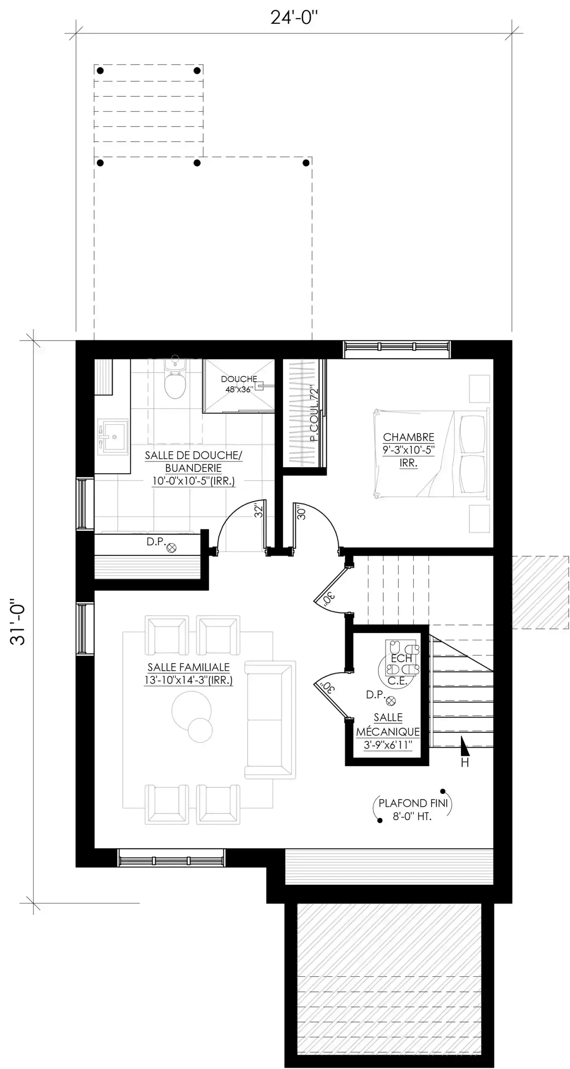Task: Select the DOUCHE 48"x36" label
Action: coord(239,384)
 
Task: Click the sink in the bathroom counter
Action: coord(113,437)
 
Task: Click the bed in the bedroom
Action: coord(430,454)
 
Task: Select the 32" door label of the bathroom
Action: coord(259,512)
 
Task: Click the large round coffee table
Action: coord(191,711)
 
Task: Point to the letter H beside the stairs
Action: coord(465,762)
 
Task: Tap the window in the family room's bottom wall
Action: coord(171,858)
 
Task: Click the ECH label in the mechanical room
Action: coord(402,659)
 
